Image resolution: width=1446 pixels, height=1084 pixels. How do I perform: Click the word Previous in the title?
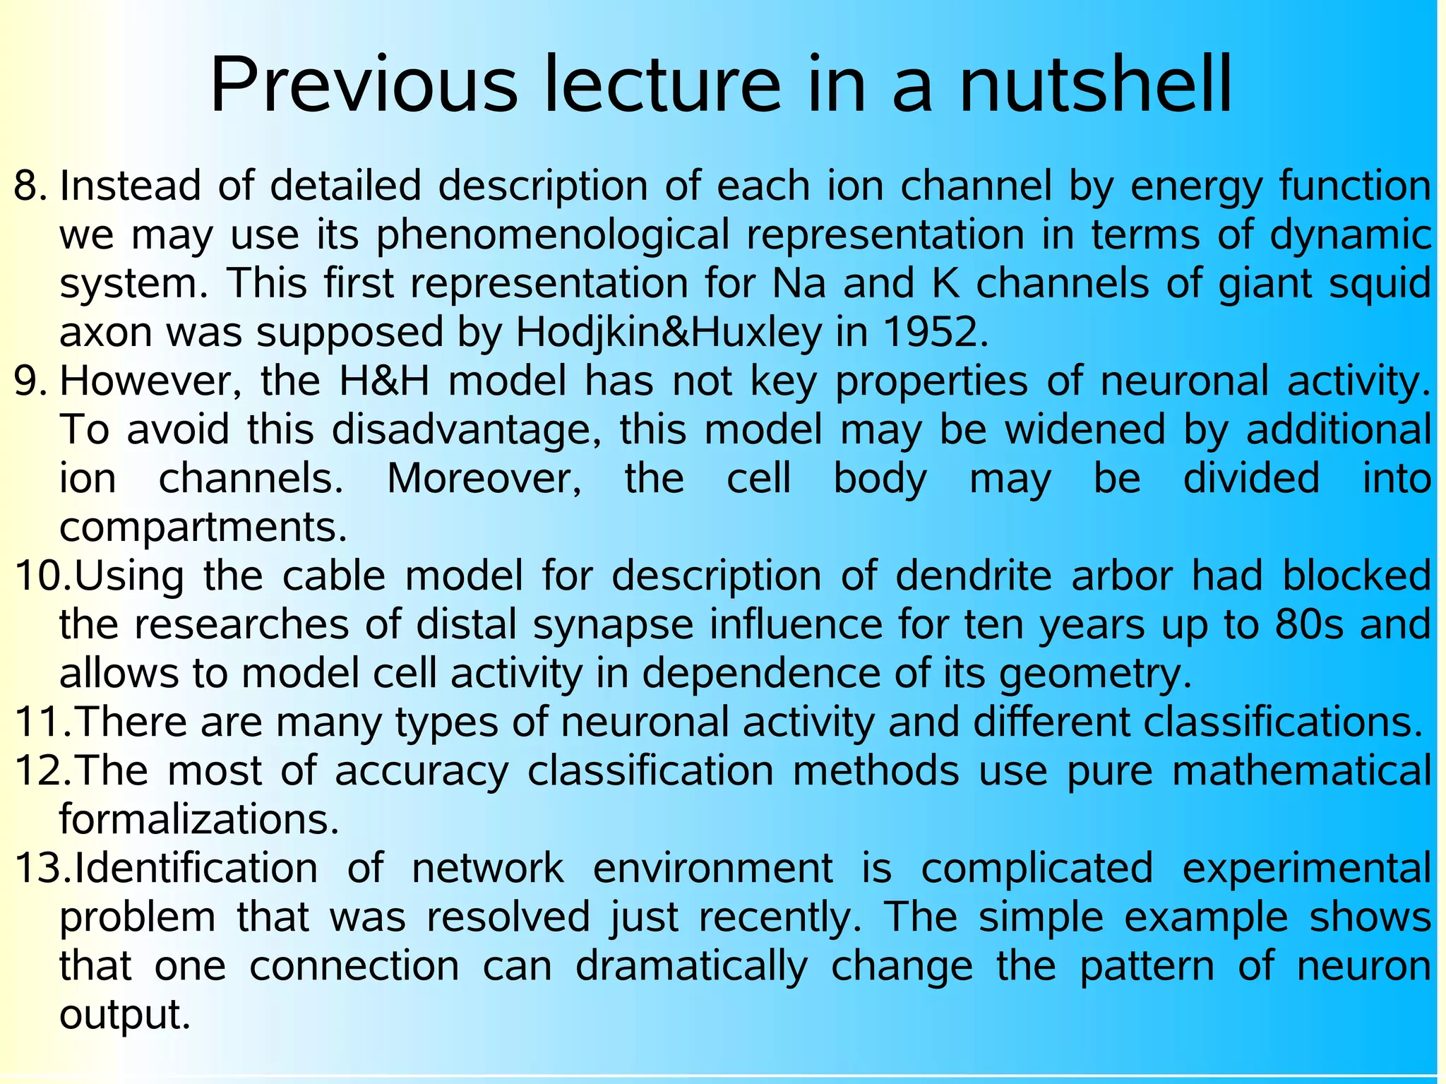point(364,86)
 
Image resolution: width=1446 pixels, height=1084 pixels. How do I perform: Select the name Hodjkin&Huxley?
point(669,332)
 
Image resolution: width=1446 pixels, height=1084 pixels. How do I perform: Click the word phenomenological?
point(553,236)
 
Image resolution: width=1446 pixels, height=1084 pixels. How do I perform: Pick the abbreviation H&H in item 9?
point(384,381)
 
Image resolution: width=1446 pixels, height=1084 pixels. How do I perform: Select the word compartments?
point(203,528)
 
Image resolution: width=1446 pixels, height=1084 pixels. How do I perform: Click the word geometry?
point(1094,674)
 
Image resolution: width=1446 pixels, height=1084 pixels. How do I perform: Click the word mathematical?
point(1301,770)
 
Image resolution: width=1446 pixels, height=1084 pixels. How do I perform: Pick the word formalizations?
point(199,820)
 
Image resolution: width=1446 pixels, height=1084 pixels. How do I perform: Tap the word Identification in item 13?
point(196,868)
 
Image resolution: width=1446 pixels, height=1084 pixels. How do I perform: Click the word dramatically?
point(691,966)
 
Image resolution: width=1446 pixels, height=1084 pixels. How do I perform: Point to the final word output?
point(125,1015)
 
